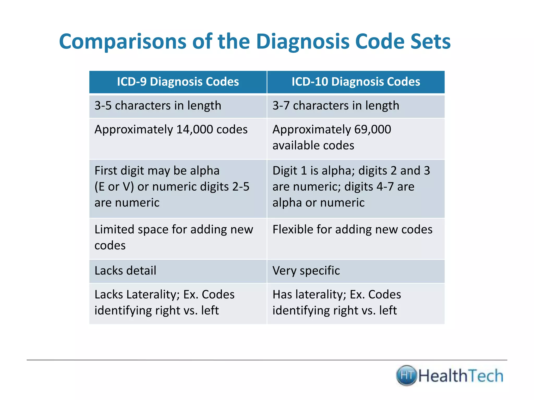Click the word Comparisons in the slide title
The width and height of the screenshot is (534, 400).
[x=123, y=42]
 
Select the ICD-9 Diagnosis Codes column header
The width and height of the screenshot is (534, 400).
[x=178, y=82]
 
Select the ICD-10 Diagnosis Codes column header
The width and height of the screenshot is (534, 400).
[x=356, y=82]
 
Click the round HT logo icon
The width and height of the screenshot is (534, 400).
[x=406, y=376]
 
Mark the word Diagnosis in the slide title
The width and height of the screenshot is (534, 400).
[x=302, y=42]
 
